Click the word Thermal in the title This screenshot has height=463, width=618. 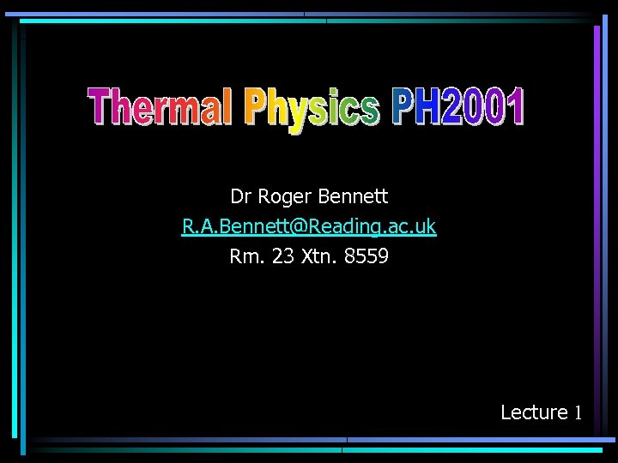tap(160, 109)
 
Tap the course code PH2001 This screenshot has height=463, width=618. tap(457, 108)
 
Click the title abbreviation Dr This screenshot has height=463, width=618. tap(241, 197)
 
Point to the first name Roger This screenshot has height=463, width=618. tap(285, 198)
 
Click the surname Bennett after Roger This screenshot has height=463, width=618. tap(353, 197)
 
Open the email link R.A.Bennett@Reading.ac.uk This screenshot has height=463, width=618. tap(309, 227)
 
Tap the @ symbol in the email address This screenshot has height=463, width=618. tap(296, 227)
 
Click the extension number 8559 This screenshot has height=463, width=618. tap(367, 256)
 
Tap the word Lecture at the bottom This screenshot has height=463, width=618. tap(534, 412)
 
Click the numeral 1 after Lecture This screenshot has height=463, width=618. tap(579, 412)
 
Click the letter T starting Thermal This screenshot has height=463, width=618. tap(100, 108)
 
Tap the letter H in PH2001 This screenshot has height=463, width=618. tap(426, 108)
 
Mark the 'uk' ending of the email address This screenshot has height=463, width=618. tap(425, 227)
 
